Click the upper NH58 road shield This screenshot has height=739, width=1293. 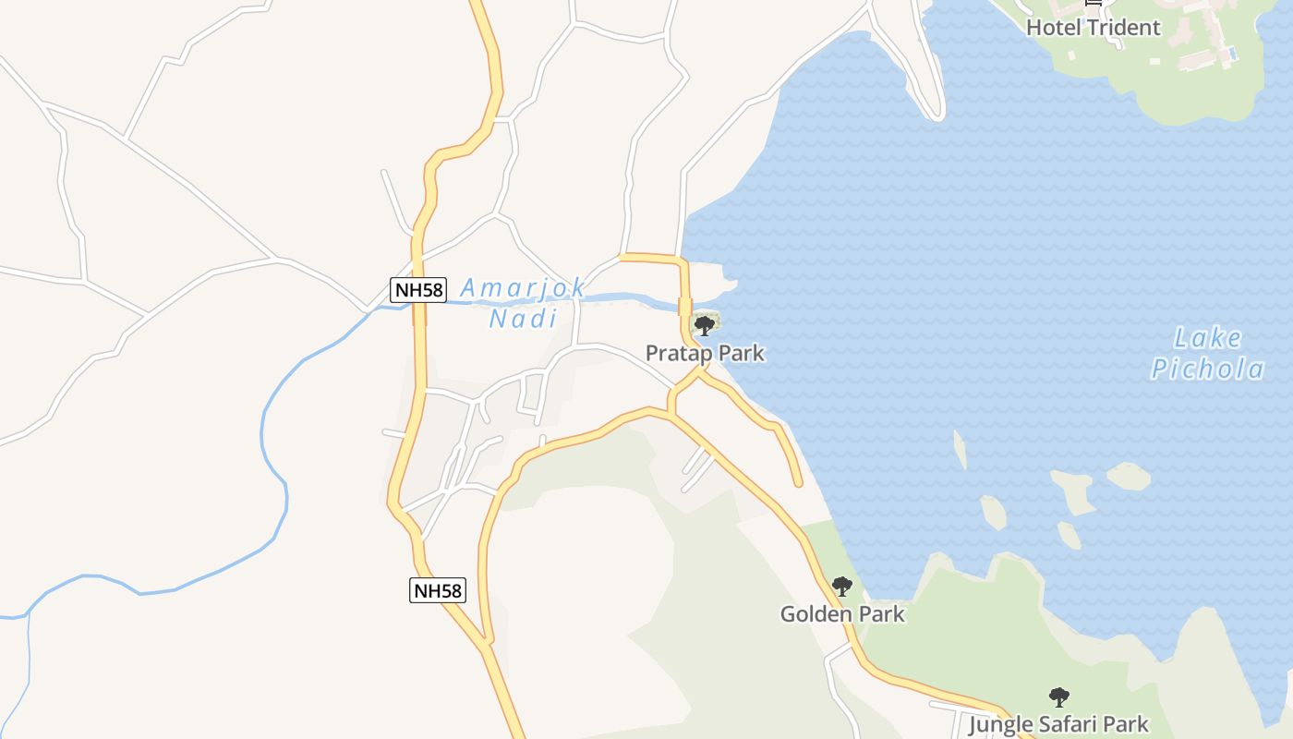[418, 290]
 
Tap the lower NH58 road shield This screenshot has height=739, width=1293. [438, 590]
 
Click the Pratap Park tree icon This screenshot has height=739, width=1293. [704, 325]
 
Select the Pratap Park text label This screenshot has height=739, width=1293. [705, 353]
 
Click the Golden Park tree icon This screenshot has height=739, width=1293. [841, 587]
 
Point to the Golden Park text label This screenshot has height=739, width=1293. [842, 614]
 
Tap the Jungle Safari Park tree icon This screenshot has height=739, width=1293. [1058, 697]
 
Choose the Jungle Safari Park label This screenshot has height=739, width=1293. [1058, 724]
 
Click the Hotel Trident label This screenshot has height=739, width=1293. [1094, 28]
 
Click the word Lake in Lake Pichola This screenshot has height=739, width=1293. [1208, 337]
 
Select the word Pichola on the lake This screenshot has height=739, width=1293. [1208, 369]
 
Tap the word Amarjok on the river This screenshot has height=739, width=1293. [523, 288]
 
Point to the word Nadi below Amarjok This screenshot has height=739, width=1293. [523, 320]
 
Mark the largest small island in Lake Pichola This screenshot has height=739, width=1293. [1073, 490]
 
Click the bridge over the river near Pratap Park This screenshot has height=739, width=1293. [685, 307]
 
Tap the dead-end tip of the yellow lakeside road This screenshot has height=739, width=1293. [798, 482]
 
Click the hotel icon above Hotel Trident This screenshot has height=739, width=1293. [1094, 3]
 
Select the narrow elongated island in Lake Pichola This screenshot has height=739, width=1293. [961, 450]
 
